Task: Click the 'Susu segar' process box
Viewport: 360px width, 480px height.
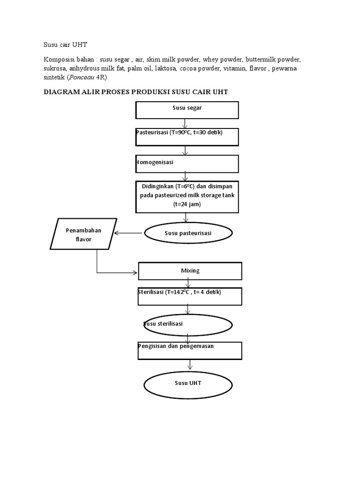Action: coord(187,110)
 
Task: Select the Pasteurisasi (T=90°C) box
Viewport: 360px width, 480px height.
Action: coord(187,137)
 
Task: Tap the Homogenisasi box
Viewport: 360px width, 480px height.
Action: coord(187,164)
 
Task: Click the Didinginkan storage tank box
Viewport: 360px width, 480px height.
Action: coord(187,196)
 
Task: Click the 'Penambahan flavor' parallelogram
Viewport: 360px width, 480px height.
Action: coord(83,234)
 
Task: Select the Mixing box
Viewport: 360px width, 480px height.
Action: coord(190,271)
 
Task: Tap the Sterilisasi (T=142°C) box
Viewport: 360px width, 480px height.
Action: coord(189,296)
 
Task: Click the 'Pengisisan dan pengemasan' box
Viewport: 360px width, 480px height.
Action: coord(189,350)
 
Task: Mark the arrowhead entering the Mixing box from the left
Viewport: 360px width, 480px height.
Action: coord(135,272)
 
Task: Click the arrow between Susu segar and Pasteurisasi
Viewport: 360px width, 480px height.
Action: coord(186,124)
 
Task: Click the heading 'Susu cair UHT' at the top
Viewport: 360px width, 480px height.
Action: coord(66,45)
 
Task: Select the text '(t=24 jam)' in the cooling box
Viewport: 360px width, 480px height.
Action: coord(187,204)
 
